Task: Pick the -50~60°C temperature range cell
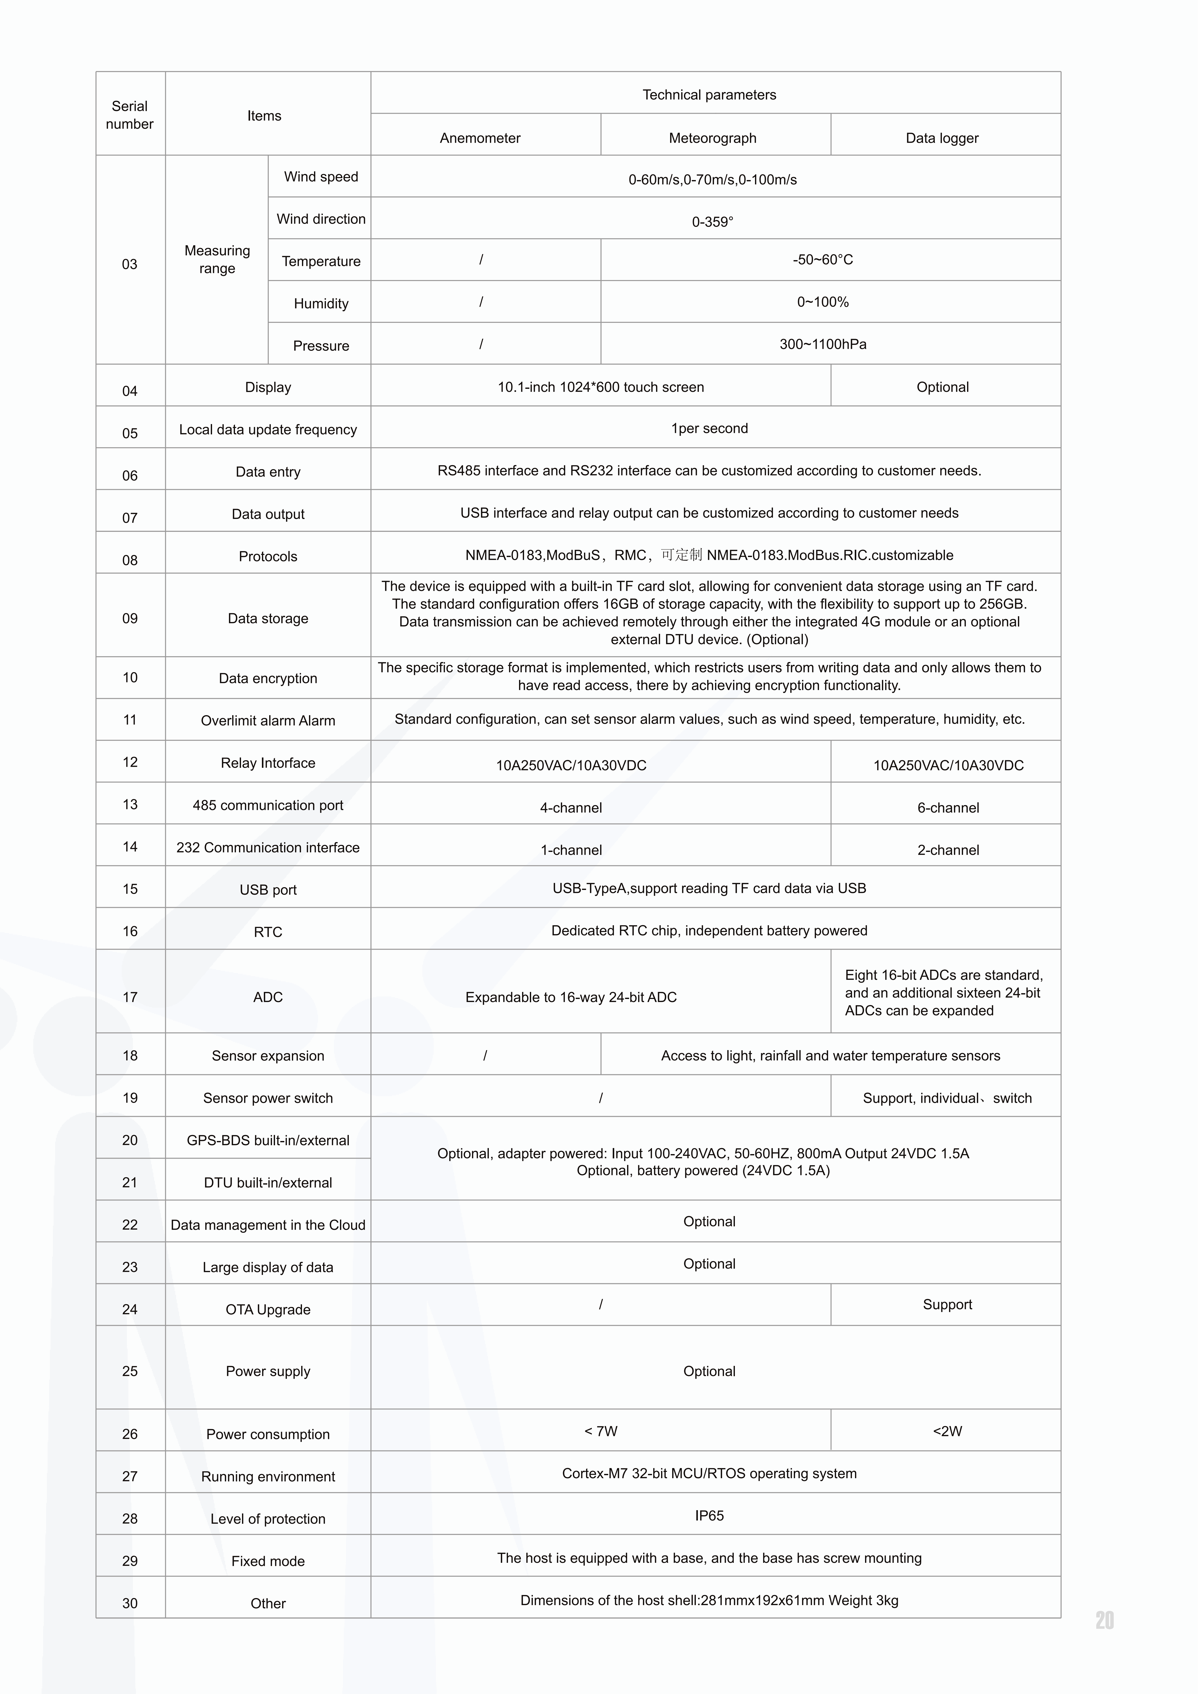coord(823,260)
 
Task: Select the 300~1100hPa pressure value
coord(823,344)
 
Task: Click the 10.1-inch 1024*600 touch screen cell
coord(600,387)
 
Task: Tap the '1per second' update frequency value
coord(709,429)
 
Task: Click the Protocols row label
coord(268,556)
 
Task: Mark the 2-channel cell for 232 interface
coord(948,850)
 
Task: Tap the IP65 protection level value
coord(709,1515)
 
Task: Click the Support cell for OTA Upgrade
coord(947,1304)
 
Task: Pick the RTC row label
coord(268,932)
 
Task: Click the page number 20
coord(1104,1620)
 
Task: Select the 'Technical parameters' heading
coord(709,94)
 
